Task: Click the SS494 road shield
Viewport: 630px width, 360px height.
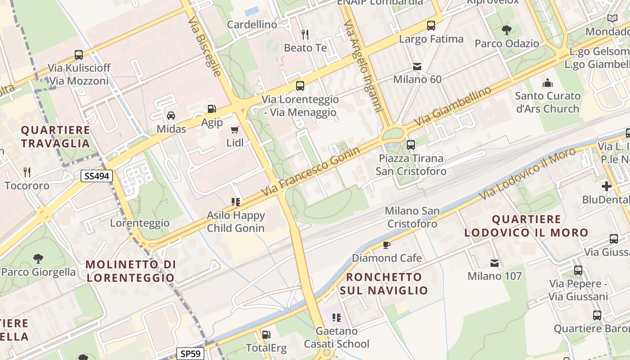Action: (x=97, y=176)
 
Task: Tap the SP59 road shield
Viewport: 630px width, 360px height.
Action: (x=190, y=354)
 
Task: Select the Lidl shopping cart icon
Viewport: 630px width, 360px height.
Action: (x=234, y=130)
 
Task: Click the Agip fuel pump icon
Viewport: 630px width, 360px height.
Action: (x=211, y=109)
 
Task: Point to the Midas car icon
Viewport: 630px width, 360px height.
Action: (x=171, y=116)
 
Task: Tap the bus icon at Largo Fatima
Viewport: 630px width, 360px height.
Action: (x=431, y=26)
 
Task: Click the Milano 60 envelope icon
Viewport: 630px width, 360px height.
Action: (x=417, y=67)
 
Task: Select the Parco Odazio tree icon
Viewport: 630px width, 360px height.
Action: (x=507, y=30)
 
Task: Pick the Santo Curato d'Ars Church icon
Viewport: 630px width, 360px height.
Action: (x=547, y=83)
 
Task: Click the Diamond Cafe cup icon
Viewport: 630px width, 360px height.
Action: (x=386, y=245)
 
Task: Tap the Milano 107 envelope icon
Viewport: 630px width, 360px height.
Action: (x=495, y=263)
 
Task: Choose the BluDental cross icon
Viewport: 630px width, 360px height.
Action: (x=606, y=186)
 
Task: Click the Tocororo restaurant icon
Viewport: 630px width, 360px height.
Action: (x=27, y=172)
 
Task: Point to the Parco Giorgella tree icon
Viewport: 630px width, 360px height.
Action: (x=38, y=259)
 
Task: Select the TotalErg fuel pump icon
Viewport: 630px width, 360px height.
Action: (x=266, y=335)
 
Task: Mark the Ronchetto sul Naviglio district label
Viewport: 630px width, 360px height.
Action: (x=384, y=283)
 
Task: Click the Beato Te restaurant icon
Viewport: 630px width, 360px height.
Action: (x=305, y=34)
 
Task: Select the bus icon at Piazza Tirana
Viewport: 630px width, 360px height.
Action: (x=410, y=145)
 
